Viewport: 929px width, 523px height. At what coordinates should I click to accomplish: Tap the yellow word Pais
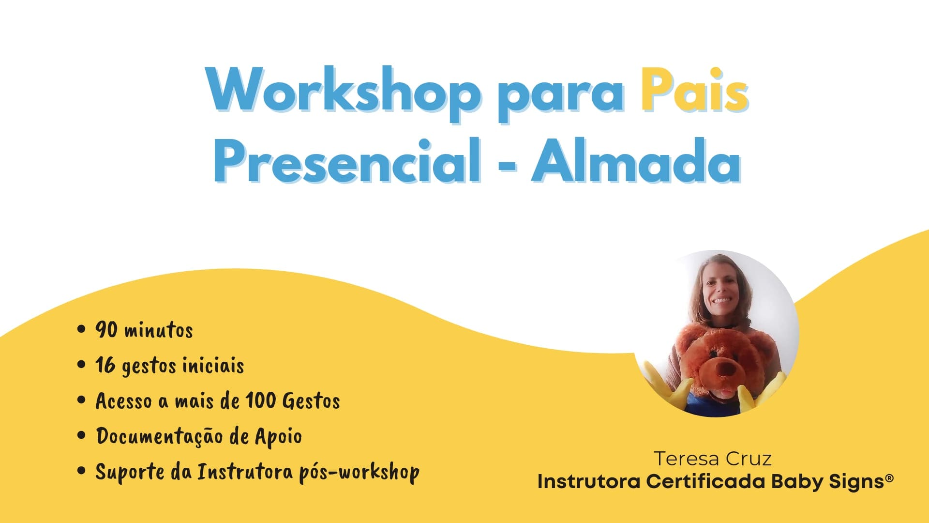(694, 90)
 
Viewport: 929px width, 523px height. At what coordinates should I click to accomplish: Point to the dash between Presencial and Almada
(507, 165)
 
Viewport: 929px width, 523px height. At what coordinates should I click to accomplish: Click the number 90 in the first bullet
(106, 330)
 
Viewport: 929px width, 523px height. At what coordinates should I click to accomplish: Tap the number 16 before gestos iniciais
(105, 365)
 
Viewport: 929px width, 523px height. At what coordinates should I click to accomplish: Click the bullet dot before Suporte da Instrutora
(81, 471)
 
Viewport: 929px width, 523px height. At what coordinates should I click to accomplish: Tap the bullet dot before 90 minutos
(81, 330)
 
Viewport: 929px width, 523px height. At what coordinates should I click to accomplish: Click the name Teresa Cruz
(713, 459)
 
